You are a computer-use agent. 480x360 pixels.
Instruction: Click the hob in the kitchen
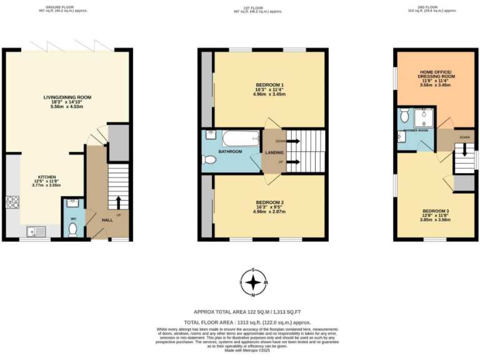point(12,202)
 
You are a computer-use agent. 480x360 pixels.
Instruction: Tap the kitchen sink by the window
point(35,231)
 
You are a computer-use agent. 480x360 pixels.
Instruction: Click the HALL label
point(107,220)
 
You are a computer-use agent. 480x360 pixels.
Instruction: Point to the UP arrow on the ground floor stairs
point(118,202)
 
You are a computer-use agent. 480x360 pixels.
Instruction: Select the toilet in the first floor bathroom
point(210,161)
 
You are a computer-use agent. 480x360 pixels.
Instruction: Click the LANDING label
point(274,152)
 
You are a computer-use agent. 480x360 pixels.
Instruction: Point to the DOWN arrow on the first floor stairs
point(293,141)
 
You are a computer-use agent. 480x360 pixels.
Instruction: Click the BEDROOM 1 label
point(270,84)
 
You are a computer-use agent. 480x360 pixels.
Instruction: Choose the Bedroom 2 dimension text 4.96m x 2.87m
point(270,211)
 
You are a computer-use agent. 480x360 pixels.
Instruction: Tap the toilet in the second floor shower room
point(404,116)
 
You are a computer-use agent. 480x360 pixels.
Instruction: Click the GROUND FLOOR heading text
point(67,8)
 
